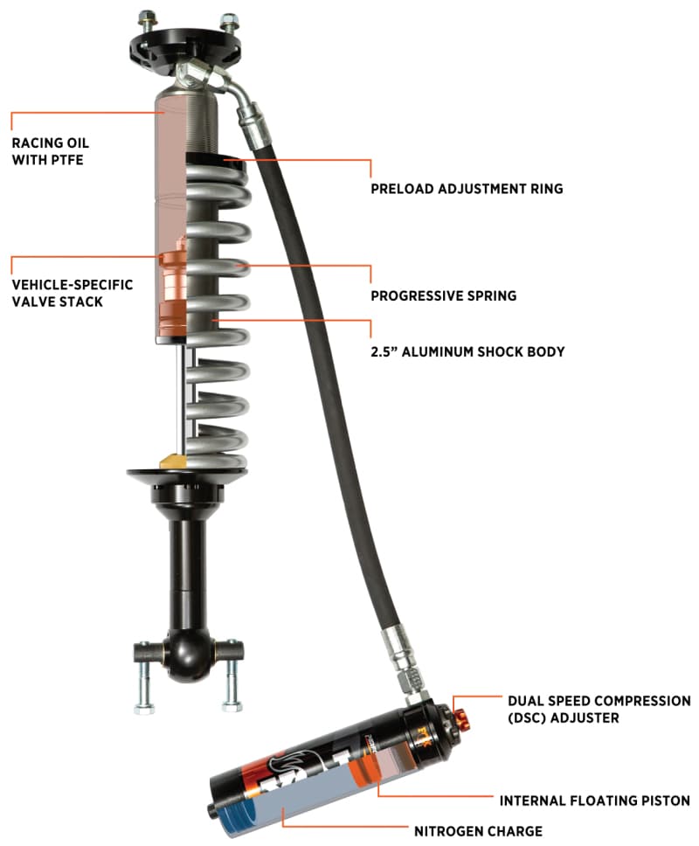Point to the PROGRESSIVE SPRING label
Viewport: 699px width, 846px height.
click(443, 295)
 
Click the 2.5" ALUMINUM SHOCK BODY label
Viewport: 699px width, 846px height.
click(467, 351)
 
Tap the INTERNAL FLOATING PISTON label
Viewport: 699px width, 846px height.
click(594, 800)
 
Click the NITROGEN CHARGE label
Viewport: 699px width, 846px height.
click(478, 830)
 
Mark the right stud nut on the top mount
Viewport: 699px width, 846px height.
click(230, 18)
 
